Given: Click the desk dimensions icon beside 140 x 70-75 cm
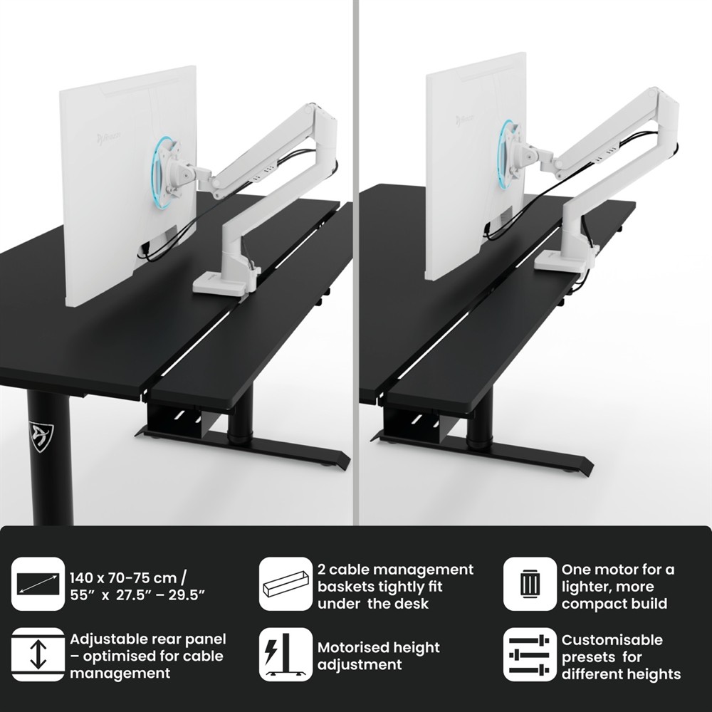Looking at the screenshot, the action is coord(38,584).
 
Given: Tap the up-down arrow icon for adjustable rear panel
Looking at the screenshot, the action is coord(38,654).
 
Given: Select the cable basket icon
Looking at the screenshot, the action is coord(286,584).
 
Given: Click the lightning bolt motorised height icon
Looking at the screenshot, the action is coord(286,654).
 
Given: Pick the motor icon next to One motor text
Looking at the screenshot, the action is coord(530,584).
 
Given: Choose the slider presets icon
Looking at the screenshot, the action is coord(530,654).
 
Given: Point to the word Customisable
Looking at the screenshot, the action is coord(612,640).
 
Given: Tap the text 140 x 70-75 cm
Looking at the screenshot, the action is coord(123,578).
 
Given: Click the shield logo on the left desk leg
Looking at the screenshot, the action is coord(41,436).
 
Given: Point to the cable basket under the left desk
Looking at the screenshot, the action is coord(179,420).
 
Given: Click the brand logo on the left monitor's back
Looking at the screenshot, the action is coord(109,137).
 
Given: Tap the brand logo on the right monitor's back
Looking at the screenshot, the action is coord(464,120).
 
